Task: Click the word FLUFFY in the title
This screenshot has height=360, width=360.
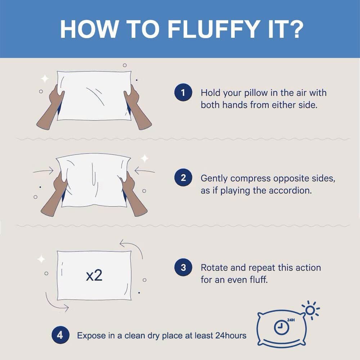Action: click(214, 29)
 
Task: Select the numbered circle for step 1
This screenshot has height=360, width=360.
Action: click(183, 92)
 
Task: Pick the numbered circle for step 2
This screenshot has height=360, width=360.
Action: click(183, 177)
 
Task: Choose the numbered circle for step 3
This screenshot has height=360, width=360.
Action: click(183, 267)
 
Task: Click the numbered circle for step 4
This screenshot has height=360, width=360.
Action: click(60, 335)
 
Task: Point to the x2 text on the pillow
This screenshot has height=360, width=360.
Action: click(94, 275)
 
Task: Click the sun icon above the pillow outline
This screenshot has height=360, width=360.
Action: click(311, 310)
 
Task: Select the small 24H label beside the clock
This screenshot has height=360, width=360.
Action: click(291, 320)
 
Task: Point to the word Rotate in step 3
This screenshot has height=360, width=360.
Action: click(214, 268)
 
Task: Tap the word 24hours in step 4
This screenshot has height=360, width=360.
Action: click(231, 336)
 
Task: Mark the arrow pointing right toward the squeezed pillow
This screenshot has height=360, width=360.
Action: click(43, 171)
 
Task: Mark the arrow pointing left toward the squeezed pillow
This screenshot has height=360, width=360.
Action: click(145, 171)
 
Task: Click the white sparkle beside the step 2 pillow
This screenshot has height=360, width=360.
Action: click(144, 158)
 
